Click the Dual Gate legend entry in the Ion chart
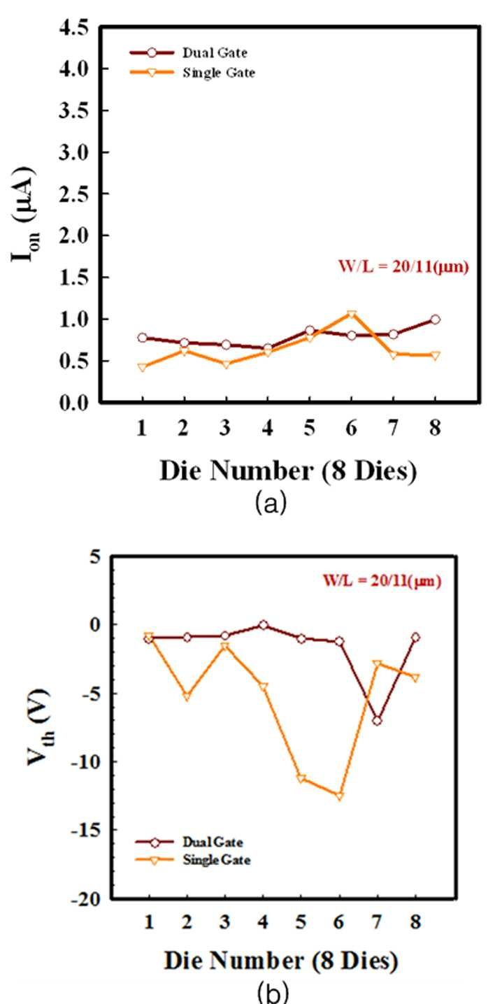pos(189,52)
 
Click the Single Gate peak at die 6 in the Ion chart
pos(352,314)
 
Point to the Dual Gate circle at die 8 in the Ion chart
pos(435,320)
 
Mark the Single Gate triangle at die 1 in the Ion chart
pos(142,368)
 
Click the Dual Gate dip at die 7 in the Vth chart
pos(377,721)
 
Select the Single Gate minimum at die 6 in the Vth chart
pos(339,796)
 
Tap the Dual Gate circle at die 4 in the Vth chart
pos(264,625)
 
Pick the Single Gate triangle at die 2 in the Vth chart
pos(187,697)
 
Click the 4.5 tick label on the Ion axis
pos(74,29)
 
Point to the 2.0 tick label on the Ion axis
pos(74,236)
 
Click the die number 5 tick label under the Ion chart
pos(309,428)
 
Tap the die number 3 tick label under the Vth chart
pos(225,922)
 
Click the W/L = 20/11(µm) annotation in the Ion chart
pos(403,267)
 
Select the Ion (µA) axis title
pos(25,215)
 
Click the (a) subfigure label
pos(271,504)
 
